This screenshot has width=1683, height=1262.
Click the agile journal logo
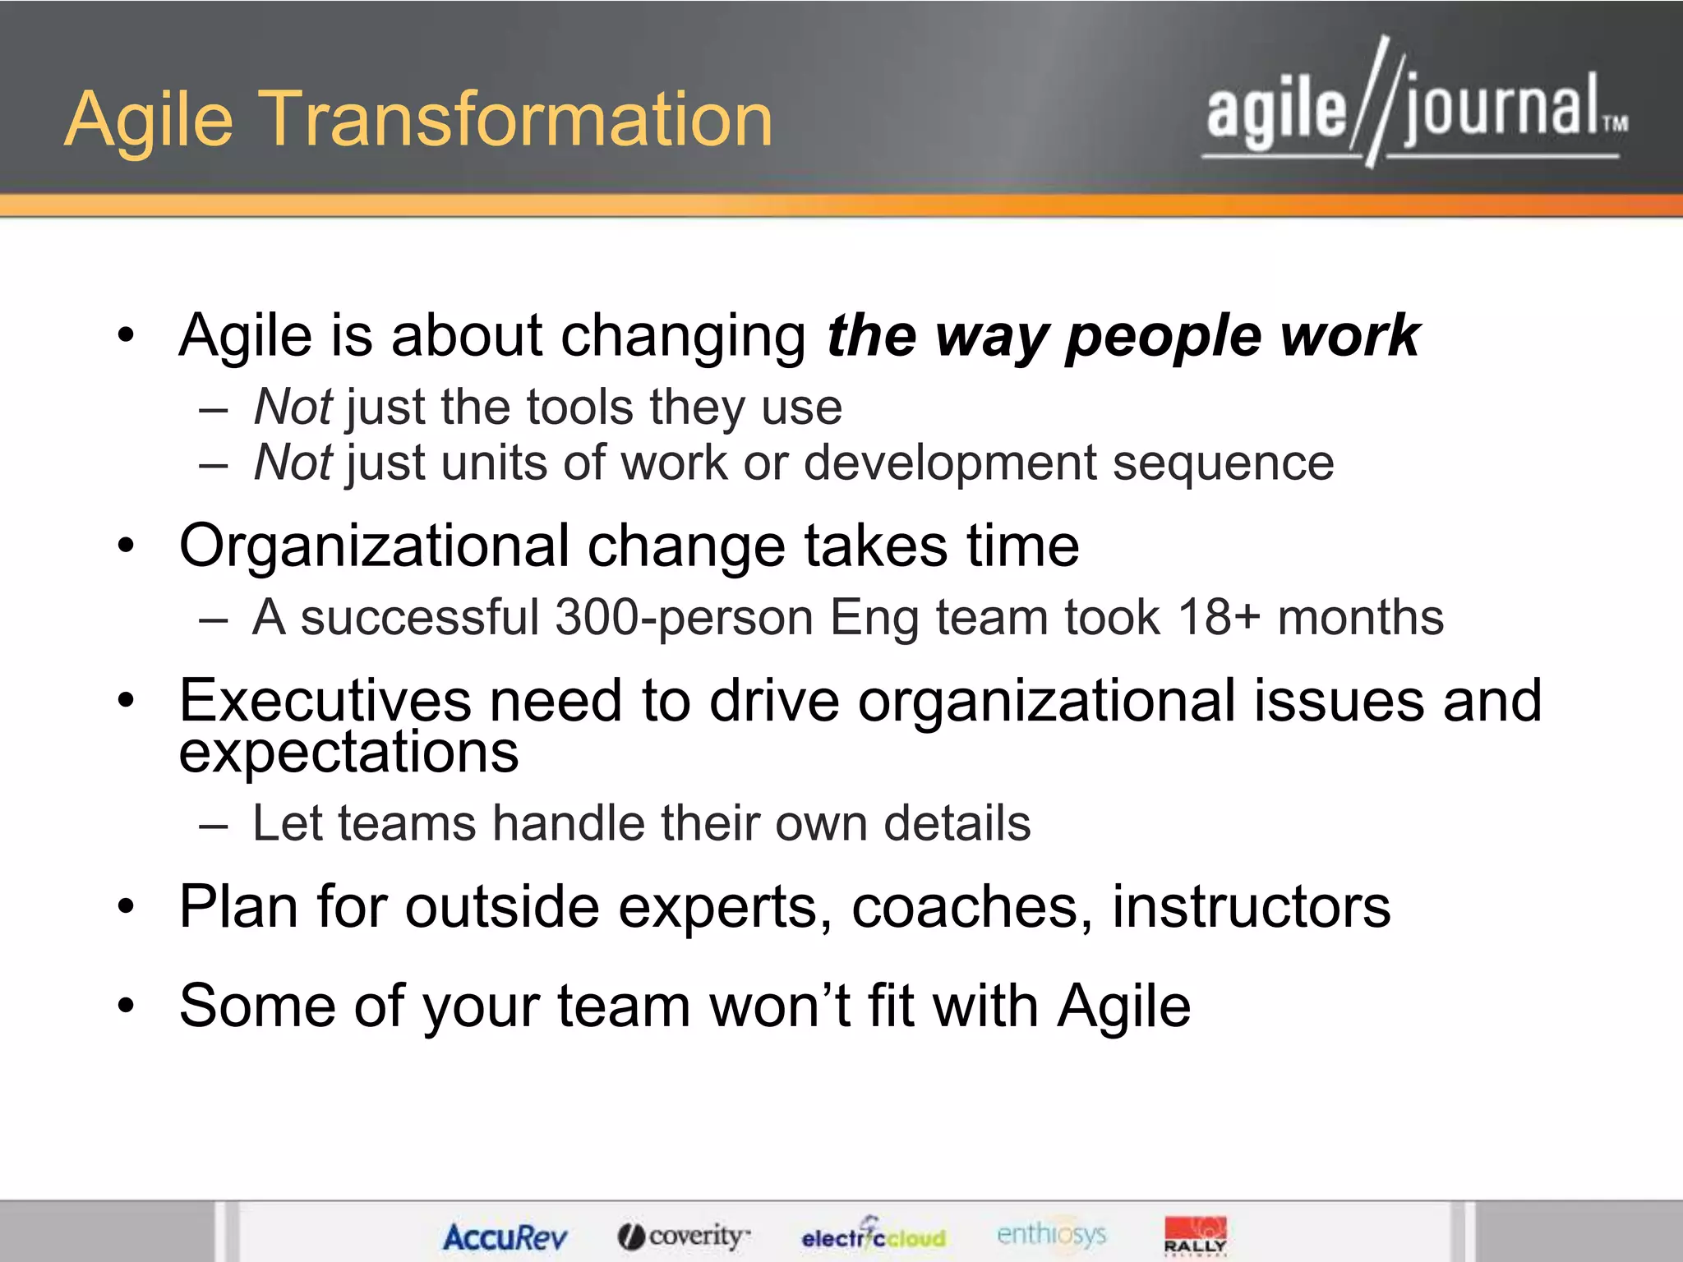[1415, 107]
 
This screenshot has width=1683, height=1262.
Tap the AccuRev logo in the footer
[505, 1237]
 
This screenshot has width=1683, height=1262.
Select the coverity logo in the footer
[684, 1236]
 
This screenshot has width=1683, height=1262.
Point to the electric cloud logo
[874, 1235]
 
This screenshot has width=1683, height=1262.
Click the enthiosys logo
[1051, 1234]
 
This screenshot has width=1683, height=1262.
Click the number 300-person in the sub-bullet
[684, 618]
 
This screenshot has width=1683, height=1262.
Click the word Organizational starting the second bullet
[374, 546]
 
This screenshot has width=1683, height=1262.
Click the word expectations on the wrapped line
[348, 753]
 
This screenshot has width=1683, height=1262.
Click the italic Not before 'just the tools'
[293, 407]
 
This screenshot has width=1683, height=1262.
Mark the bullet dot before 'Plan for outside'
[125, 907]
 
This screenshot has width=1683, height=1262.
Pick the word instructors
[1251, 907]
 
